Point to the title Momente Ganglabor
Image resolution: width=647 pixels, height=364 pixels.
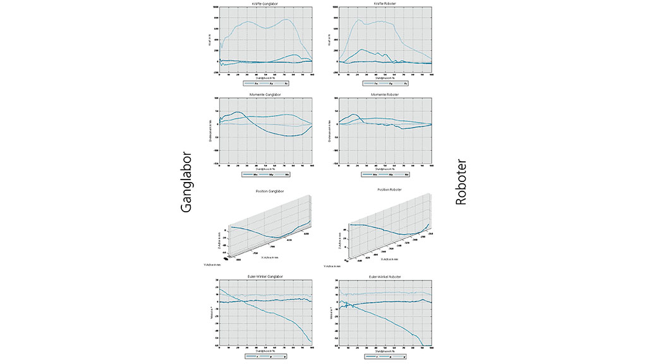tap(266, 94)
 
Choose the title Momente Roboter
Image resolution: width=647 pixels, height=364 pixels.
tap(385, 94)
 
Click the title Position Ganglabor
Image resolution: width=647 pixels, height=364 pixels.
tap(266, 190)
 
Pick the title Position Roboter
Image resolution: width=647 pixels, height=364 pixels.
tap(385, 190)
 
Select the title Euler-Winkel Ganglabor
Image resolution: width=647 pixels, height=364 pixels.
tap(266, 276)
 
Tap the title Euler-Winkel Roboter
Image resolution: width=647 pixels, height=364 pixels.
tap(385, 276)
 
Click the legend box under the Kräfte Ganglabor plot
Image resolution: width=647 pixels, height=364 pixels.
tap(266, 83)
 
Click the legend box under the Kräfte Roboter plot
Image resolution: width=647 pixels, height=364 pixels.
tap(385, 83)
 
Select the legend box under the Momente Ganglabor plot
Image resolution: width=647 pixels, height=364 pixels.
tap(266, 174)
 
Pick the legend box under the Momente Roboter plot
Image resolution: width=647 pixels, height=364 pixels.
tap(385, 174)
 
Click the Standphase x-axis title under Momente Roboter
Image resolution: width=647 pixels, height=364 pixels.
tap(385, 169)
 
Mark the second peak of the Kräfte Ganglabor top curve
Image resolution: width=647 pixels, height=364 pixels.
tap(287, 20)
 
